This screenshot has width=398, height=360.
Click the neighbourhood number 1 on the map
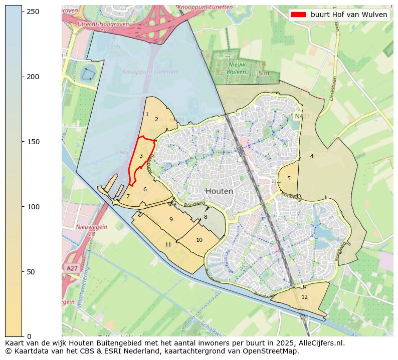[x=147, y=115]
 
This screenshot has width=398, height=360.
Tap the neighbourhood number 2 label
[x=156, y=120]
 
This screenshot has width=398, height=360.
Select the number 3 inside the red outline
[x=141, y=156]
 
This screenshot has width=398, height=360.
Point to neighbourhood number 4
[x=312, y=157]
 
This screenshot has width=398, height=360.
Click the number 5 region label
[x=289, y=179]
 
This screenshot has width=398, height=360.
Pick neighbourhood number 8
[x=206, y=217]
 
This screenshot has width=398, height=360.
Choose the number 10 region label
[x=199, y=240]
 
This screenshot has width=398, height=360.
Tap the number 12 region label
[x=304, y=297]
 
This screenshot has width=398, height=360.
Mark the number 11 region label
[x=168, y=244]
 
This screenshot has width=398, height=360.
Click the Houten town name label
[x=219, y=191]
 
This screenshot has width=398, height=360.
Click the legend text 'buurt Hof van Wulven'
[x=349, y=15]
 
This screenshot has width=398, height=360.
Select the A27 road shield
[x=72, y=268]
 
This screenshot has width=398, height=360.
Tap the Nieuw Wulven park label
[x=237, y=68]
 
